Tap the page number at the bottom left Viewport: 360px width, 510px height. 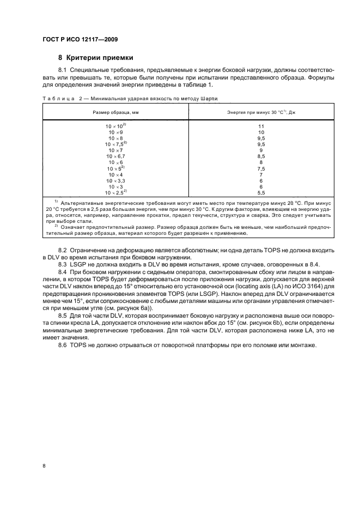click(x=45, y=466)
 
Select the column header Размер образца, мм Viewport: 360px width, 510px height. click(x=115, y=112)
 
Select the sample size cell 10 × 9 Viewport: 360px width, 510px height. click(x=115, y=132)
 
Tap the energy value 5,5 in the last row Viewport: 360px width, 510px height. click(x=261, y=192)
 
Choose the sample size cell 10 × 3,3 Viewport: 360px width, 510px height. click(x=115, y=180)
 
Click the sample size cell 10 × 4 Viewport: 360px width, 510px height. click(x=115, y=174)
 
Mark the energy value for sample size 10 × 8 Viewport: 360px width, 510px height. click(x=261, y=138)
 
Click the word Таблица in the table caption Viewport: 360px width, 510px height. click(x=57, y=98)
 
